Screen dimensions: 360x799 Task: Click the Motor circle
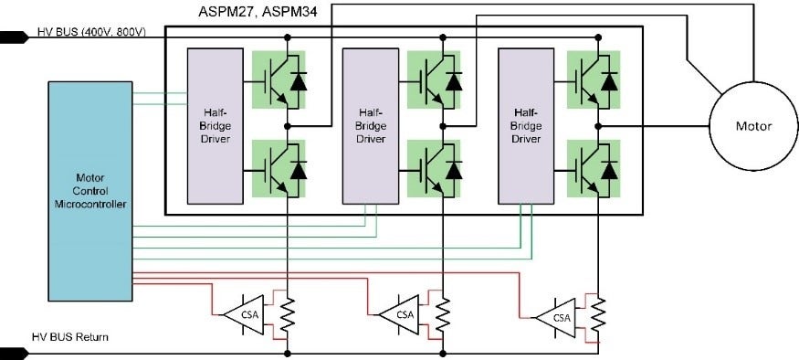coord(752,126)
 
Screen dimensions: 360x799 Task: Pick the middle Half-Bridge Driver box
coord(369,125)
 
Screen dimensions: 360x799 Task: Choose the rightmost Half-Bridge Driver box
coord(524,125)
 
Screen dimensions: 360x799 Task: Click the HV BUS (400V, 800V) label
coord(91,33)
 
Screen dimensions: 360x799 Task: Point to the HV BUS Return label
coord(70,337)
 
